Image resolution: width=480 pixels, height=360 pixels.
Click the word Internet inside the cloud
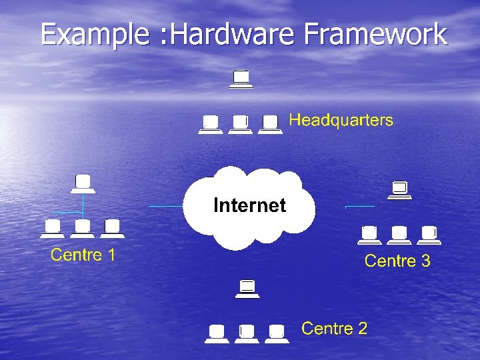tap(249, 205)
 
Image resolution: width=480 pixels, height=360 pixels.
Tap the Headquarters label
tap(341, 121)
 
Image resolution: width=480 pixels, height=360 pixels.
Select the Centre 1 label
tap(83, 255)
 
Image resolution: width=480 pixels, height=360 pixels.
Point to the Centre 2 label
tap(334, 328)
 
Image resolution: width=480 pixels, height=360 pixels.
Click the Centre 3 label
tap(397, 261)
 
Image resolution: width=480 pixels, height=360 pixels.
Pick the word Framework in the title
tap(376, 34)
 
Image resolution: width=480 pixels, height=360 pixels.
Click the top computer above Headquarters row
tap(240, 79)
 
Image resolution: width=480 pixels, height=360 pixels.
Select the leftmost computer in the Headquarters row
tap(211, 125)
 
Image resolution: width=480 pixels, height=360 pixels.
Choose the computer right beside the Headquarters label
tap(270, 125)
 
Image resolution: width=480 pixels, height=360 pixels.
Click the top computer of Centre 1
tap(83, 183)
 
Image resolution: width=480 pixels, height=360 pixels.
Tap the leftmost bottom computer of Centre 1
tap(53, 229)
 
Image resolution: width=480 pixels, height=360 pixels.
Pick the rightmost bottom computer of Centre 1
tap(112, 229)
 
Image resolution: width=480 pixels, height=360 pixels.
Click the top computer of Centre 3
tap(400, 190)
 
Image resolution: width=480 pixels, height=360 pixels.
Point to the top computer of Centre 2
tap(247, 288)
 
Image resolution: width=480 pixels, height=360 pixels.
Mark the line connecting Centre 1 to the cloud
tap(167, 207)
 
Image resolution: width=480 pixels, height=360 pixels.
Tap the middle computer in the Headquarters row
tap(240, 125)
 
